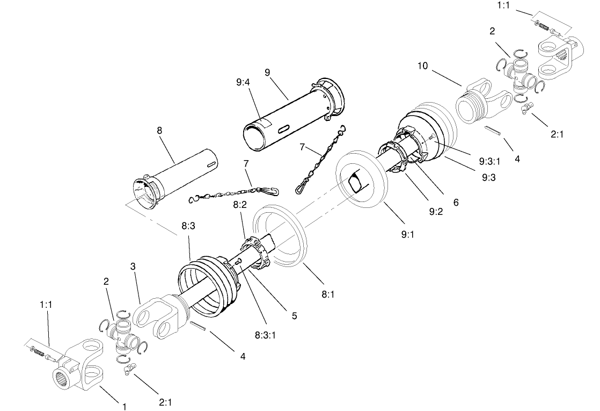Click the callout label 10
(423, 66)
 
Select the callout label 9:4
(243, 83)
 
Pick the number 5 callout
(294, 316)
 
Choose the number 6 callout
(456, 202)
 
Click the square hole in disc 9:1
(356, 183)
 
